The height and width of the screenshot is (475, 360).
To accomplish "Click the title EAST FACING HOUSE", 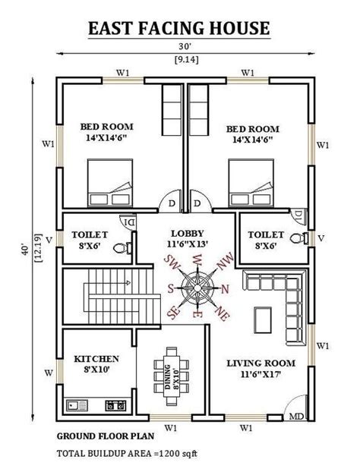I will pos(179,29).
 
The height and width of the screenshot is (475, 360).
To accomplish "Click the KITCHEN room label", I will pos(96,358).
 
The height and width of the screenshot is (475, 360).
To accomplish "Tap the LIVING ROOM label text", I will pos(260,363).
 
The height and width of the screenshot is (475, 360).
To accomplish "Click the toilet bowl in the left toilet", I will pos(119,247).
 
